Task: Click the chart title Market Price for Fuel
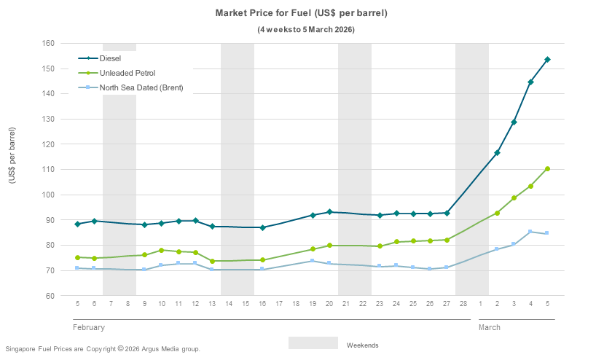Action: [x=301, y=13]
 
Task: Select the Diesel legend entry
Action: [x=110, y=58]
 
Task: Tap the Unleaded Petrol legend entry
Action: [x=128, y=73]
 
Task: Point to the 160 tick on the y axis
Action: [x=50, y=43]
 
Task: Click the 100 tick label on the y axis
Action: [x=50, y=195]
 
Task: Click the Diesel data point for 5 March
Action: [x=547, y=59]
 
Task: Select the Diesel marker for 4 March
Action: [x=530, y=82]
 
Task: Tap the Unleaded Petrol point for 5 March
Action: [x=547, y=169]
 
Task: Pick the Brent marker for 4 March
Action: [x=530, y=232]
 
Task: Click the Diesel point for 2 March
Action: [x=497, y=152]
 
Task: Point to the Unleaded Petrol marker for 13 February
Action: [x=212, y=261]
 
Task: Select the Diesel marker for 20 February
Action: [x=329, y=212]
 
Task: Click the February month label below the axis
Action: [x=89, y=328]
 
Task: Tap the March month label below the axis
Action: [x=490, y=328]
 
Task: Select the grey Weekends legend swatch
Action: [x=313, y=343]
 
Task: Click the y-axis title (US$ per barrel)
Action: [x=12, y=165]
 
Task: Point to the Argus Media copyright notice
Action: [x=102, y=349]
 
